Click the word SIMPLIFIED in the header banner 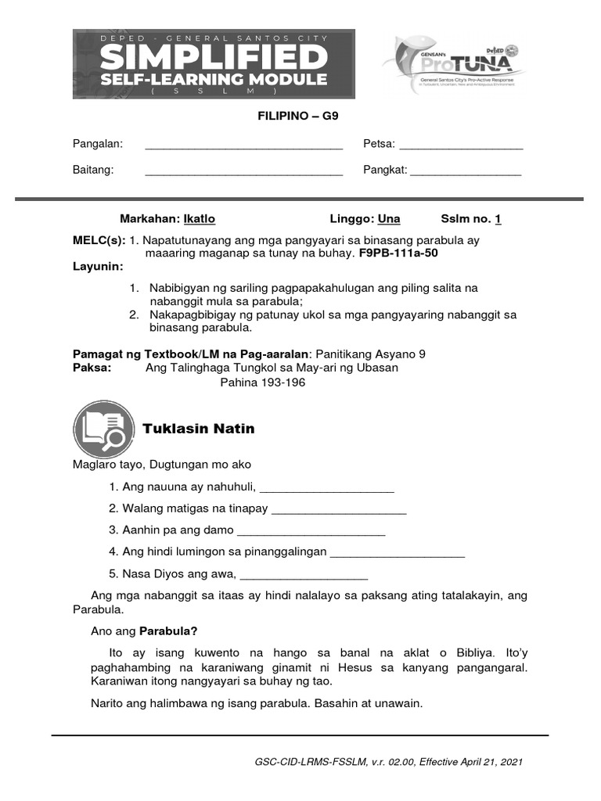pos(214,57)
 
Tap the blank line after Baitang pos(244,173)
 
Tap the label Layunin pos(98,267)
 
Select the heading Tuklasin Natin pos(199,429)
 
